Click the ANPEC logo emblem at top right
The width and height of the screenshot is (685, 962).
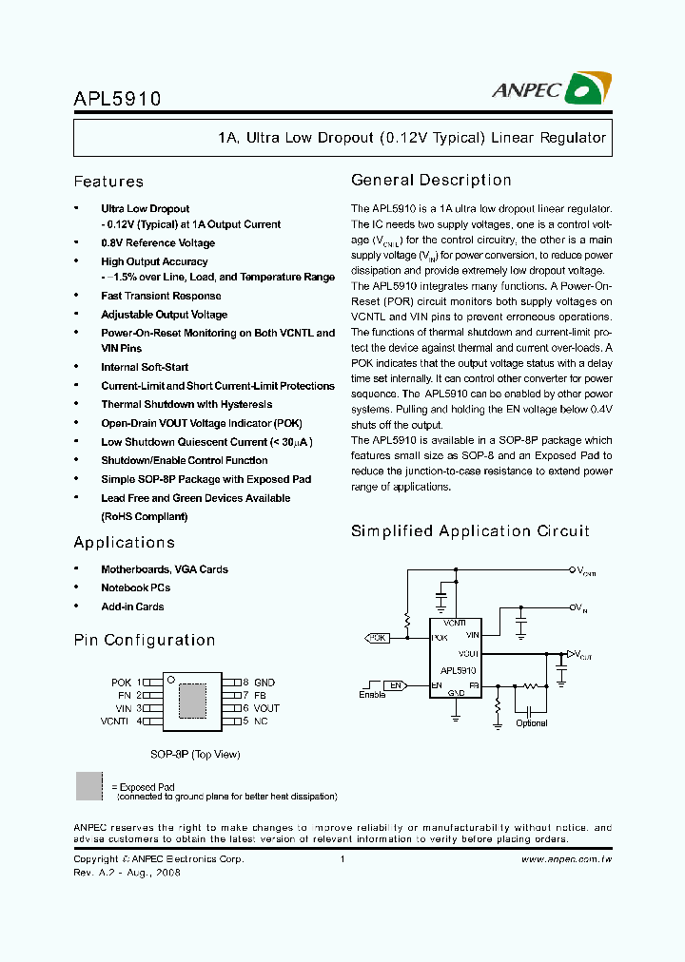pyautogui.click(x=587, y=89)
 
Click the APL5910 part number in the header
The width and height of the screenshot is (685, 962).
pyautogui.click(x=117, y=98)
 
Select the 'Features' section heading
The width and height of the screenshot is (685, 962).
pyautogui.click(x=108, y=182)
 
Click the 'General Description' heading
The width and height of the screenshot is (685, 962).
pyautogui.click(x=431, y=180)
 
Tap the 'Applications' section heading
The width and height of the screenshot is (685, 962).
pyautogui.click(x=124, y=542)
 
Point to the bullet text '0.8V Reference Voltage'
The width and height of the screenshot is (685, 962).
pyautogui.click(x=158, y=242)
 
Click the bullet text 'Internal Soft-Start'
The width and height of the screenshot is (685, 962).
pyautogui.click(x=145, y=367)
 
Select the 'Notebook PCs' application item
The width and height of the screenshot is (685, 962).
pyautogui.click(x=135, y=587)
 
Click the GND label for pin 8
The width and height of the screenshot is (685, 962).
pyautogui.click(x=264, y=683)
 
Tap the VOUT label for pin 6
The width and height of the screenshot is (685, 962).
pyautogui.click(x=266, y=708)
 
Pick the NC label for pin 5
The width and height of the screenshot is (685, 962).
pyautogui.click(x=261, y=721)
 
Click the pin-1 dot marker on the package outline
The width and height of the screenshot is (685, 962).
pyautogui.click(x=170, y=680)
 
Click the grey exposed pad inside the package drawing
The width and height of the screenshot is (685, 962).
pyautogui.click(x=192, y=701)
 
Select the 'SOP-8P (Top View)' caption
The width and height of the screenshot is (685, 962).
pyautogui.click(x=195, y=754)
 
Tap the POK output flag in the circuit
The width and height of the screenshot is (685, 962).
pyautogui.click(x=378, y=638)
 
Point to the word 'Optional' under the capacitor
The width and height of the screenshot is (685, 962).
pyautogui.click(x=531, y=723)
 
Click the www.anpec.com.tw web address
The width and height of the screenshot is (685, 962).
pyautogui.click(x=567, y=858)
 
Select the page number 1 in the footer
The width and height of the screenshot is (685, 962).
pyautogui.click(x=342, y=858)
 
